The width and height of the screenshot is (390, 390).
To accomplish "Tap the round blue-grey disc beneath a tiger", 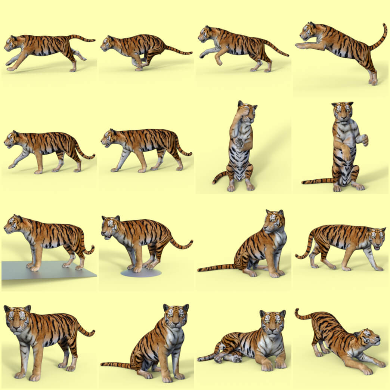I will click(x=141, y=273).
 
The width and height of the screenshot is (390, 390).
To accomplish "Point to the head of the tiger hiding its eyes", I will click(x=247, y=111).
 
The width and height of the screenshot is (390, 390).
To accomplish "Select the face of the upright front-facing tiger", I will click(x=342, y=111).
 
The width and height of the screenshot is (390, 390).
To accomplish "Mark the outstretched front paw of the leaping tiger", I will click(x=299, y=46).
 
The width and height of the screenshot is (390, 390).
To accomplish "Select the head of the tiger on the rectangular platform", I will click(x=13, y=223).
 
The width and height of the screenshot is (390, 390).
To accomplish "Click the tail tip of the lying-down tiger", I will click(x=200, y=359).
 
